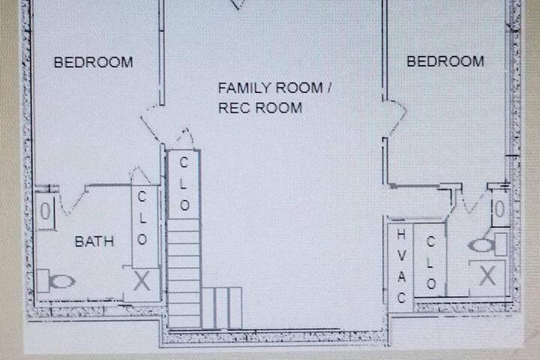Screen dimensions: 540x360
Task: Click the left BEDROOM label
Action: click(x=93, y=62)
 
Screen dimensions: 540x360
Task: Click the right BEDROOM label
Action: click(x=445, y=61)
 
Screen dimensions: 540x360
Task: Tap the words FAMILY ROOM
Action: click(x=270, y=88)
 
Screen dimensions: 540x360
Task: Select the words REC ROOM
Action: click(x=260, y=108)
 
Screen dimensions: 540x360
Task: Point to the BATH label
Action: click(x=94, y=241)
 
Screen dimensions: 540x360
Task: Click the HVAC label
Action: click(x=401, y=266)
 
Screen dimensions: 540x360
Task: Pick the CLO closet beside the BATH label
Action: click(x=142, y=218)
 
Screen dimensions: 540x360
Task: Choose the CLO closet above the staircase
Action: click(x=184, y=184)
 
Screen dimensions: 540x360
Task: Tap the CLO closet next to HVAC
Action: click(x=430, y=262)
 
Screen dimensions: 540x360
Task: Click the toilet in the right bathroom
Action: click(x=487, y=244)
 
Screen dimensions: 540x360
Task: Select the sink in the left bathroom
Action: click(x=46, y=211)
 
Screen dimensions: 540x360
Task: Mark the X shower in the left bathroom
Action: click(x=142, y=280)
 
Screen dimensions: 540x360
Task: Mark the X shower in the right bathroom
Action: click(x=487, y=275)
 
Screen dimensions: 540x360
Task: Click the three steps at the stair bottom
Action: click(x=222, y=308)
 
